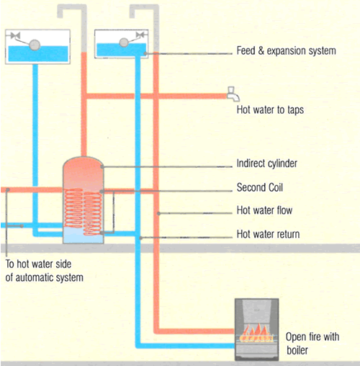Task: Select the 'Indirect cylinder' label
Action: (267, 164)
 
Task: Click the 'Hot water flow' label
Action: (264, 211)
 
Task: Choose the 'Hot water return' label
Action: (268, 235)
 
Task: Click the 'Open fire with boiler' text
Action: (310, 341)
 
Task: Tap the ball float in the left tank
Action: (33, 43)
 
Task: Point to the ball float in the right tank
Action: (123, 43)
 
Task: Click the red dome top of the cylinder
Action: (84, 168)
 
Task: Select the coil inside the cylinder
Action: (83, 205)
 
